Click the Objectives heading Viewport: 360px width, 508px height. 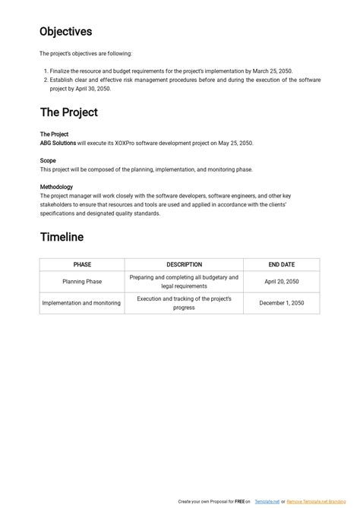click(66, 32)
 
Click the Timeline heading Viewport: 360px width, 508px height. click(62, 237)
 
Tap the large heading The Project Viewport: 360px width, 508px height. click(68, 112)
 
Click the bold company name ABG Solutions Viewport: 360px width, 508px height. click(58, 143)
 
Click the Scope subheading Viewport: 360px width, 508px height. click(48, 160)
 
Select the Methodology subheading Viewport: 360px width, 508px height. click(56, 187)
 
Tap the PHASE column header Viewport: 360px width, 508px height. click(82, 264)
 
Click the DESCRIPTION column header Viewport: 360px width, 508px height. click(184, 264)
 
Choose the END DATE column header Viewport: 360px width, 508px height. click(282, 264)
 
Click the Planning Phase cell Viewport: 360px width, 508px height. click(82, 282)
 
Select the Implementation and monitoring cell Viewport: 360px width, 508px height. click(81, 303)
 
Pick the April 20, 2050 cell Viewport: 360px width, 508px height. click(282, 282)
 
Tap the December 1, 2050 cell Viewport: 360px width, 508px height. click(282, 303)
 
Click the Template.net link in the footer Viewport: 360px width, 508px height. click(267, 502)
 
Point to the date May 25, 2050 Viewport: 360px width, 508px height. click(235, 143)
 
